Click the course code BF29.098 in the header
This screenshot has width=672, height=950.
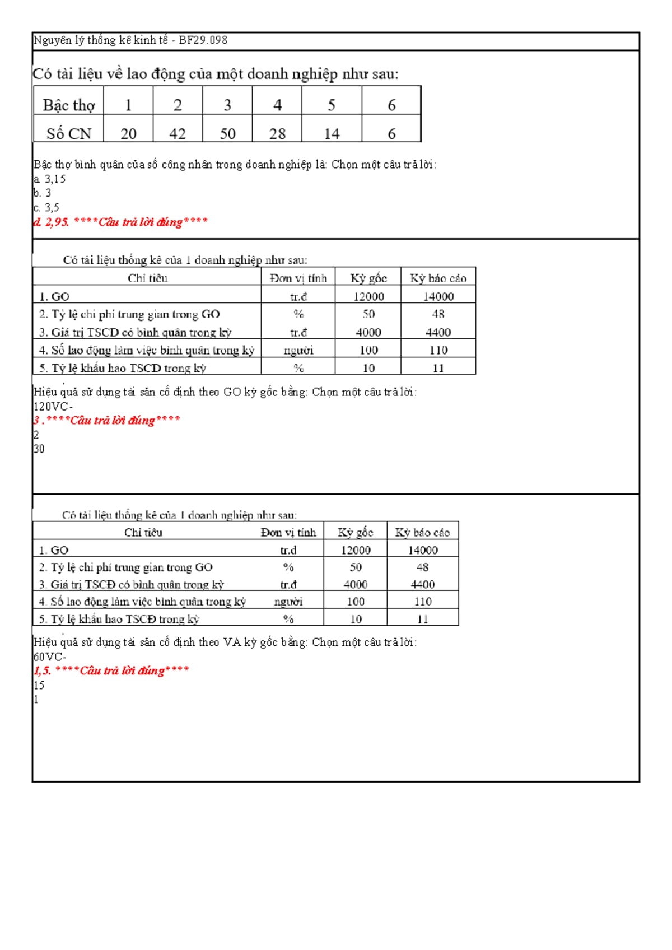[203, 40]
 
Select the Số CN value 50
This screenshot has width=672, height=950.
[227, 134]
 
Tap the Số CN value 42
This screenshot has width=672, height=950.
[178, 134]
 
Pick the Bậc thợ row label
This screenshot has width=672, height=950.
[69, 105]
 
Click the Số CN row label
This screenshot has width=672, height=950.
[69, 134]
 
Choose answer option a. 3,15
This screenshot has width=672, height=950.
[50, 179]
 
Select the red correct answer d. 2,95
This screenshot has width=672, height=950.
[52, 222]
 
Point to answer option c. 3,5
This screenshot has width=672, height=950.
[46, 207]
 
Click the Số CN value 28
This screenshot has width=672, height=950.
[277, 134]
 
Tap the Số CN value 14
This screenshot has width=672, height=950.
[332, 134]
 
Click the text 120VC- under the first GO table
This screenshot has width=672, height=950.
[53, 407]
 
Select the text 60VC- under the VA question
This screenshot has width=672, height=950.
[50, 656]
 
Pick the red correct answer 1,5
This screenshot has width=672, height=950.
[43, 670]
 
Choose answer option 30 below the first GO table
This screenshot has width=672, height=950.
[39, 449]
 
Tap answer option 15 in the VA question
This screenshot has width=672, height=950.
[39, 685]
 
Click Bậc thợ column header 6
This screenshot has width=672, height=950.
[391, 105]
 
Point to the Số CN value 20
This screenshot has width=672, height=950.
[128, 134]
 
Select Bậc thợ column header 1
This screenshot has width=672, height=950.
[128, 105]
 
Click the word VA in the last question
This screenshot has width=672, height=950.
[232, 642]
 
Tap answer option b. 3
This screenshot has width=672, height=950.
[43, 193]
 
